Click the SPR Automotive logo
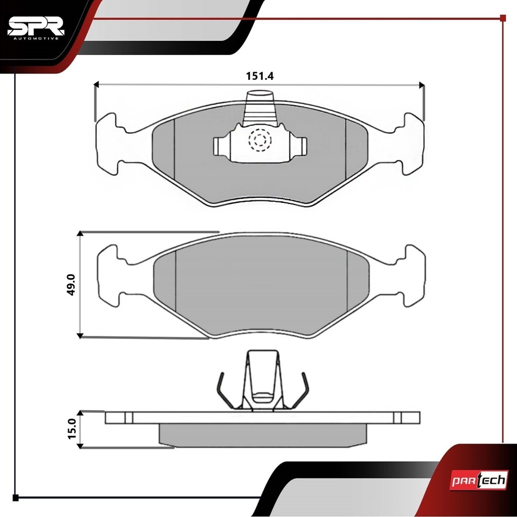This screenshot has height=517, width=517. (x=36, y=29)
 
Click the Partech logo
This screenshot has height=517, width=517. (x=479, y=481)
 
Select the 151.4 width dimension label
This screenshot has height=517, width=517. (x=260, y=76)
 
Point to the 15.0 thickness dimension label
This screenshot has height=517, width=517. (x=72, y=429)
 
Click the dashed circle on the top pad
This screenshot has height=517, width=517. (x=260, y=140)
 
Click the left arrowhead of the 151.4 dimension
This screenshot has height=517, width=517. (x=97, y=85)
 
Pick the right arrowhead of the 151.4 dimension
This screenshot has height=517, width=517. (x=421, y=85)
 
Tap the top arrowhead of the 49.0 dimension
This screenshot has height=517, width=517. (x=80, y=233)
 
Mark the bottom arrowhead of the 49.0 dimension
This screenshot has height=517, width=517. (x=80, y=336)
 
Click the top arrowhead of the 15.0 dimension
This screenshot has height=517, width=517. (x=80, y=413)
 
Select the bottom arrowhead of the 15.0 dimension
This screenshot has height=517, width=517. (x=80, y=446)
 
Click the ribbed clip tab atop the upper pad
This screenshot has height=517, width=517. (x=260, y=109)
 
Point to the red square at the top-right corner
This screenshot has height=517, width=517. (x=503, y=18)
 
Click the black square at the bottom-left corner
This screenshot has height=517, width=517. (x=15, y=498)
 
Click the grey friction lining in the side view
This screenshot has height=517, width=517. (x=263, y=435)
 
